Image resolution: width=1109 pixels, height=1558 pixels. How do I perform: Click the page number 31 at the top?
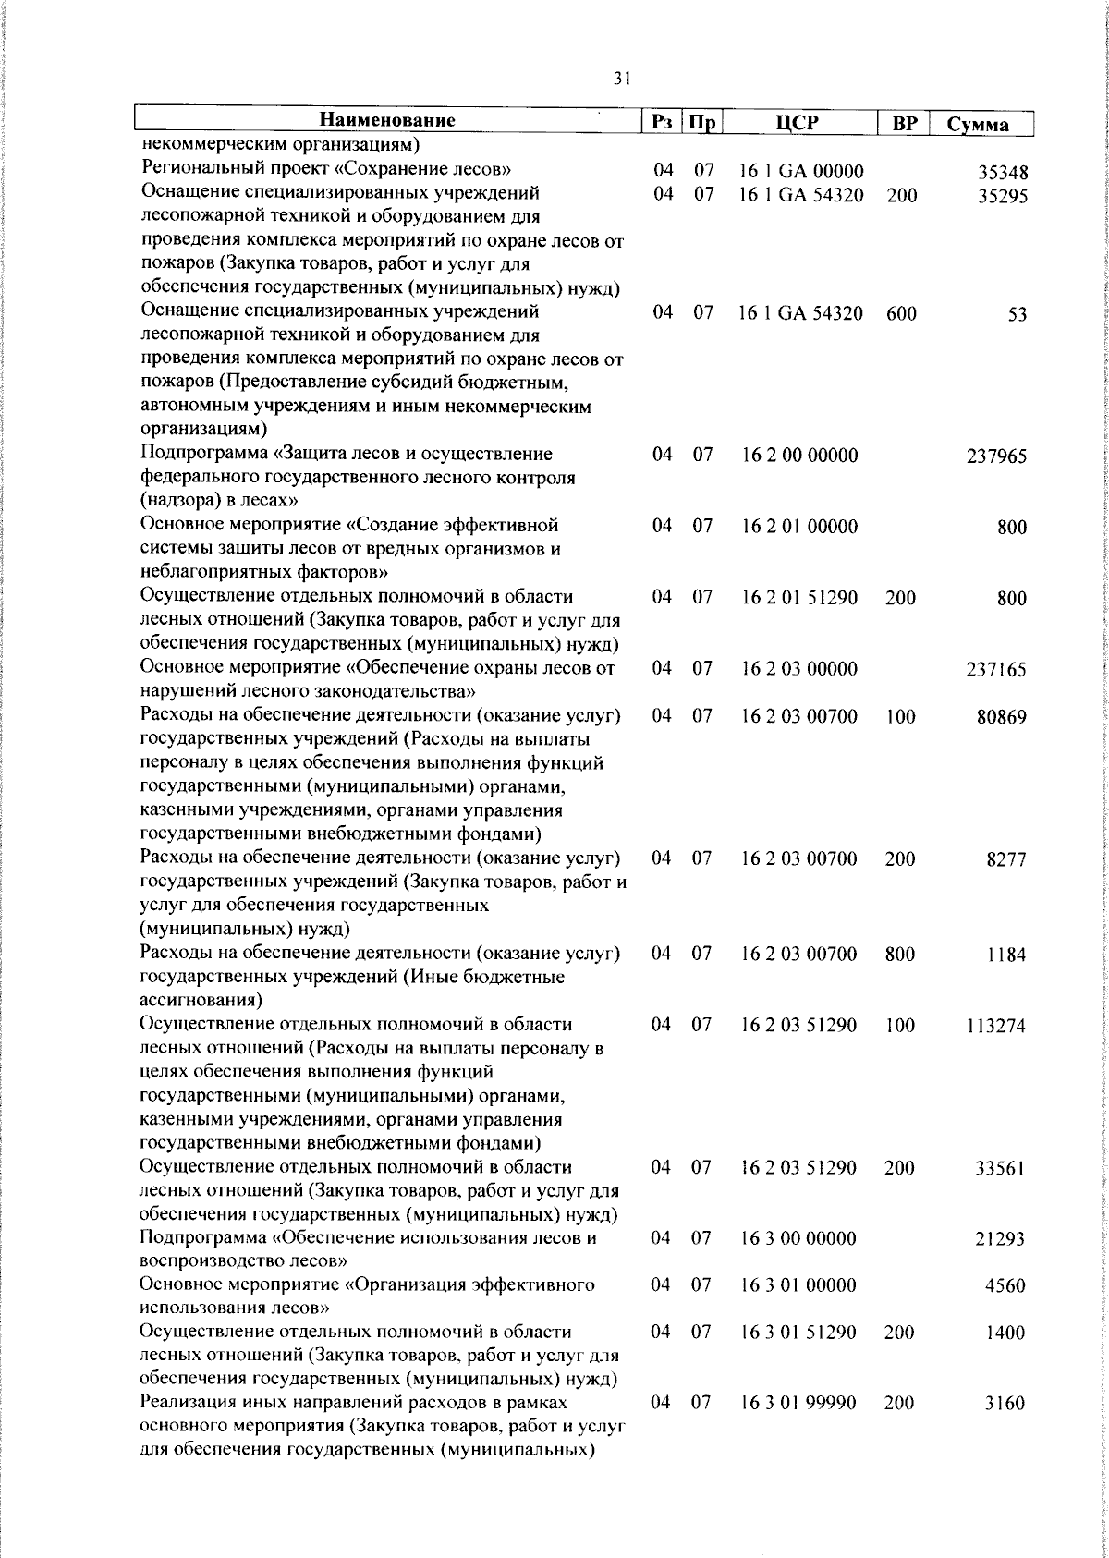[622, 79]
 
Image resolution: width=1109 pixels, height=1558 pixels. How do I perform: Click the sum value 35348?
[1004, 173]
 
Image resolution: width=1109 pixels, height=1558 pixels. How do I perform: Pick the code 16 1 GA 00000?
[801, 171]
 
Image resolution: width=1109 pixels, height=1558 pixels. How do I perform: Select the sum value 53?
[1018, 315]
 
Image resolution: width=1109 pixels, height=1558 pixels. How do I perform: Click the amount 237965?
[997, 456]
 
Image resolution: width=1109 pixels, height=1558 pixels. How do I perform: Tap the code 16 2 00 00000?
[800, 456]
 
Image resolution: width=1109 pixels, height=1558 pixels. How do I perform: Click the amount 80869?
[1002, 717]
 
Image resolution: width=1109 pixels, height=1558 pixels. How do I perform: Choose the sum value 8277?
[1006, 860]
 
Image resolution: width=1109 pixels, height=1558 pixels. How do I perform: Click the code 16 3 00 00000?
[799, 1238]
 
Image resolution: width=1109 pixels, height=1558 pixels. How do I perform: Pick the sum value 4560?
[1005, 1287]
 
